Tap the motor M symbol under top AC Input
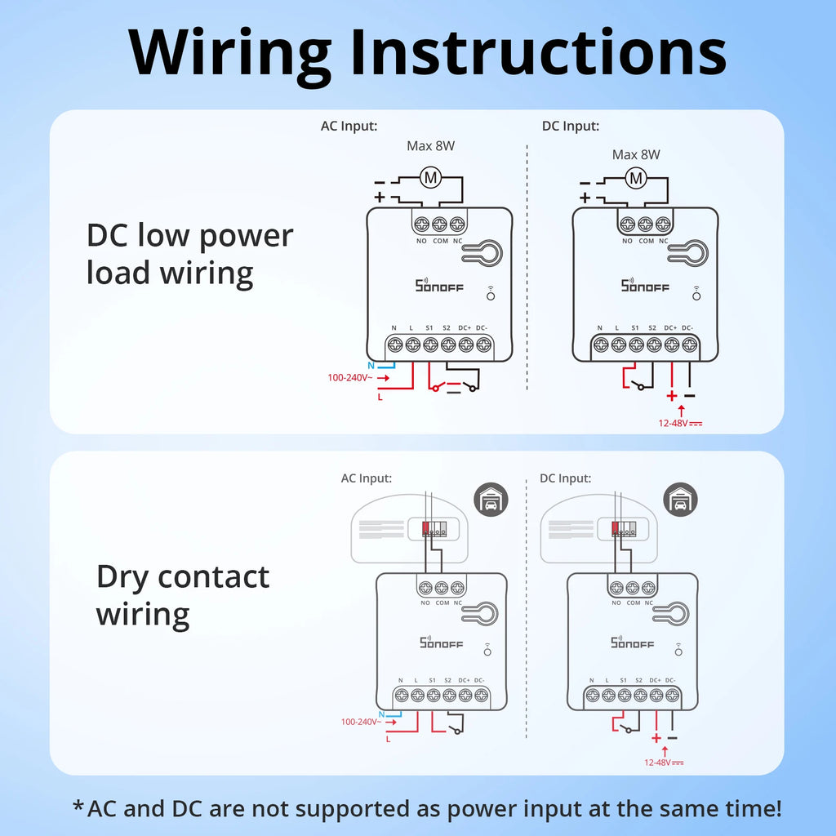coord(429,176)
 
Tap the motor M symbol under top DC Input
coord(635,177)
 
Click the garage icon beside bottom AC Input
coord(491,500)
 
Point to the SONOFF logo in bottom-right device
coord(633,643)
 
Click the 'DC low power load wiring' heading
coord(189,254)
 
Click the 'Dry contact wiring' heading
coord(183,594)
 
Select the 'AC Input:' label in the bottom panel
coord(366,478)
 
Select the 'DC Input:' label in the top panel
coord(571,126)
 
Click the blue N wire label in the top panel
coord(371,365)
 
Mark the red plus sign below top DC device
coord(671,397)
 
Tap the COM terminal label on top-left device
coord(439,241)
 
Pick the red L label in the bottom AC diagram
coord(388,739)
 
